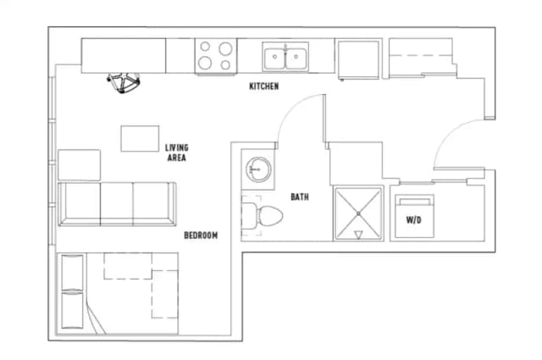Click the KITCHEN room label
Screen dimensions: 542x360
[264, 86]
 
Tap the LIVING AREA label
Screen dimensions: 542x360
[177, 152]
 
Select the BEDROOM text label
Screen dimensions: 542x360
[201, 235]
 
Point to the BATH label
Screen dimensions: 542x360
[300, 197]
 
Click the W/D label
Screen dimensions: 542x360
[414, 219]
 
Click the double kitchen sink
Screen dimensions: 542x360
[285, 57]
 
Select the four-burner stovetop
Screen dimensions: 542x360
[216, 56]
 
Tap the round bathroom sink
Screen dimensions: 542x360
[258, 169]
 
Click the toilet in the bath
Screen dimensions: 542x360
[262, 216]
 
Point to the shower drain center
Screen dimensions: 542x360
[358, 213]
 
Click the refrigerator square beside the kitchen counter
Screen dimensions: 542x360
[358, 59]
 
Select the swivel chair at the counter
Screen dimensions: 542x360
[124, 83]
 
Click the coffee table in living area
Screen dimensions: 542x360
[140, 139]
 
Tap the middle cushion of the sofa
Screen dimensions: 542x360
[117, 204]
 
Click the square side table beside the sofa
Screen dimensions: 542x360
[79, 165]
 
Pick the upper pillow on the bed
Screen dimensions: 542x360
[72, 273]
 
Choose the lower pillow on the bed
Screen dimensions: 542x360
[72, 310]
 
